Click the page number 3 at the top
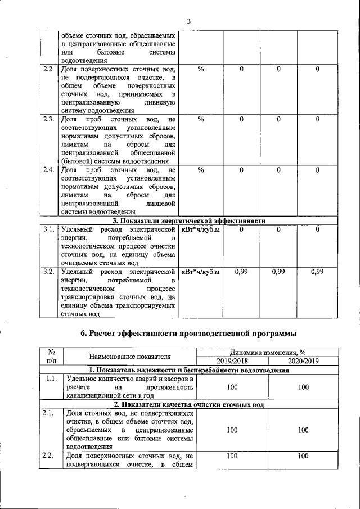[189, 21]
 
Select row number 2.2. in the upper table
[48, 69]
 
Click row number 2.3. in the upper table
[48, 119]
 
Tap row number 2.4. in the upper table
[48, 170]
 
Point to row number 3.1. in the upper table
[48, 229]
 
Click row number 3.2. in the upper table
[48, 272]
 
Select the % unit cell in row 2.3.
[201, 119]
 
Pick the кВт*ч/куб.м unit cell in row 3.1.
[200, 229]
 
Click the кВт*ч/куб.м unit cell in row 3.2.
[200, 272]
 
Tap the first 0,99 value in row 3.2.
[241, 272]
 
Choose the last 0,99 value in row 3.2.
[317, 272]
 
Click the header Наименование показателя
[129, 357]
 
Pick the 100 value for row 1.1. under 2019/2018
[231, 388]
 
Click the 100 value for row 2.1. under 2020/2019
[303, 430]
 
